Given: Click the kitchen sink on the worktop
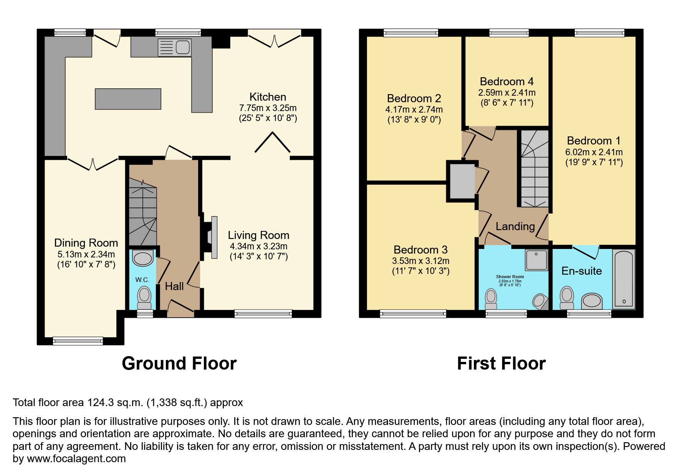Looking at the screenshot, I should coord(175,48).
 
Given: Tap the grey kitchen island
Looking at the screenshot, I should coord(128,99).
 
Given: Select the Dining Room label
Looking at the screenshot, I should coord(86,243).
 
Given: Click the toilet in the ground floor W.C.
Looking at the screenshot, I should coord(144,298).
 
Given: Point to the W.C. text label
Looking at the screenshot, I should coord(142,280).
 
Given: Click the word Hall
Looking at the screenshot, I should coord(174,286).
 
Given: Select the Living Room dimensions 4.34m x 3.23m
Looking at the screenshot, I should coord(258,246).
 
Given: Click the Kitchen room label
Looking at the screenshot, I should coord(268,97).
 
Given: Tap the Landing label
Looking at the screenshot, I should coord(515,226).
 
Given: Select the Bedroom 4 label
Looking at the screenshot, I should coord(506,81).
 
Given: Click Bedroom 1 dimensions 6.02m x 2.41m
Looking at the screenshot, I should coord(594,152).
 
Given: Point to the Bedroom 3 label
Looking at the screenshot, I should coord(420,250).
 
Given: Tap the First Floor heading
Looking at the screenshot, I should coord(501,363).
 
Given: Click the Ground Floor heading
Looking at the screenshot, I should coord(179,363).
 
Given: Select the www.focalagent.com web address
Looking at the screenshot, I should coord(76,459).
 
